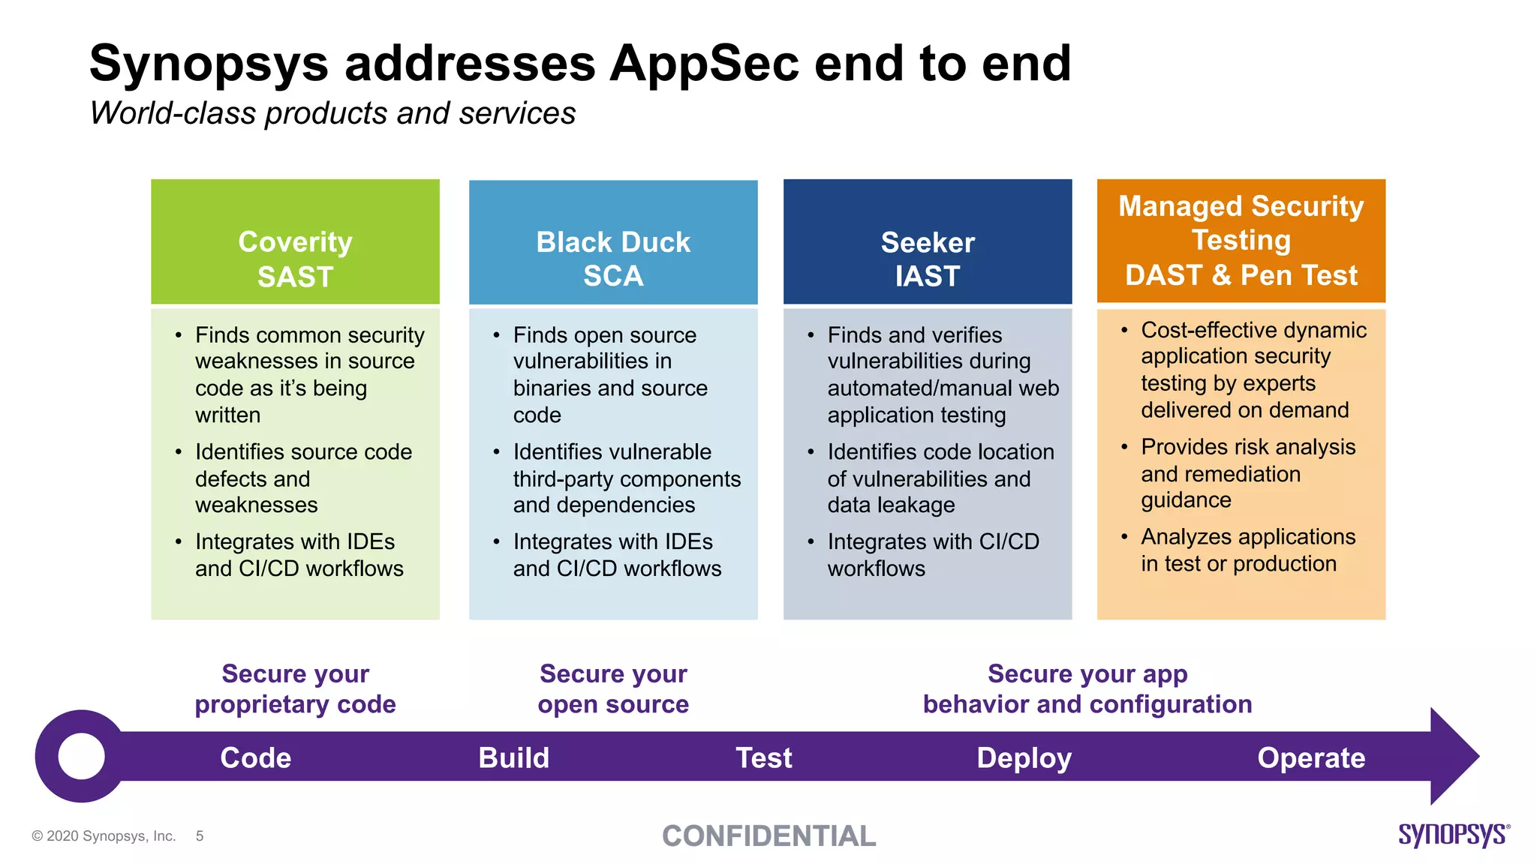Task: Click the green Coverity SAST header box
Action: click(295, 241)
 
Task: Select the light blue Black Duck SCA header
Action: click(613, 241)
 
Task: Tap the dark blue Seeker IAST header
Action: click(928, 241)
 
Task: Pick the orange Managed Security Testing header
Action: click(1241, 241)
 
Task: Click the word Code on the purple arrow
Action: click(255, 757)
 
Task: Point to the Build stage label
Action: click(514, 757)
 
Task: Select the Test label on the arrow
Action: click(764, 757)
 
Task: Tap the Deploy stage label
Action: click(1024, 758)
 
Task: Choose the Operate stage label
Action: click(1311, 758)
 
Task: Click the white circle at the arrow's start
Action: click(81, 756)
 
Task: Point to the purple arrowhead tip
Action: click(1479, 756)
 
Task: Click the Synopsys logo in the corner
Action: click(1454, 835)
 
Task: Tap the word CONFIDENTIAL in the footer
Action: click(768, 835)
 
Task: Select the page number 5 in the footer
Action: click(200, 835)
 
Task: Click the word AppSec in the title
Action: click(704, 63)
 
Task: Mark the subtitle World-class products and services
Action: click(332, 114)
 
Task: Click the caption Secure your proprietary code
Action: click(295, 688)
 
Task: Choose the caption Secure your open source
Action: click(613, 688)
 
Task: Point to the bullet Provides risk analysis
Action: click(1248, 473)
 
